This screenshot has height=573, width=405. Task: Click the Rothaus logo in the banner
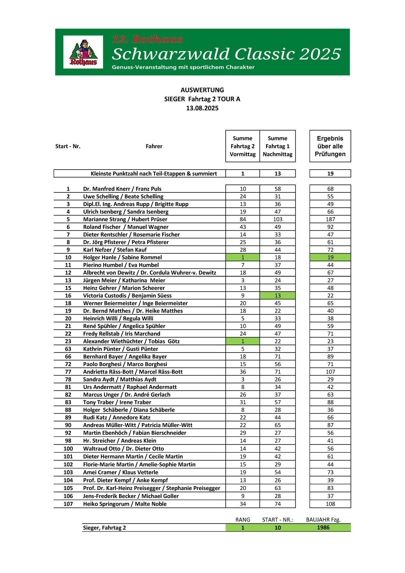[x=83, y=52]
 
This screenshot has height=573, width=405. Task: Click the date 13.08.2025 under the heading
[x=202, y=108]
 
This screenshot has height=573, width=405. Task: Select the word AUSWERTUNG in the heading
[x=202, y=90]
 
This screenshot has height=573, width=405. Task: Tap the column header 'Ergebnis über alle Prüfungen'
[x=330, y=146]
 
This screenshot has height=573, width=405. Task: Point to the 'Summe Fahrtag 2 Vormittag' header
[x=243, y=146]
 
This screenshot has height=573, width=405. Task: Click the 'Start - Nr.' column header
[x=68, y=146]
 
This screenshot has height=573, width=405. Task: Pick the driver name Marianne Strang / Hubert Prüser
[x=125, y=219]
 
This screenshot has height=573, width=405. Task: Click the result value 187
[x=330, y=219]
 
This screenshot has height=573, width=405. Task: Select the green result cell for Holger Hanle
[x=330, y=257]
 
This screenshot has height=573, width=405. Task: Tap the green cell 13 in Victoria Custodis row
[x=277, y=295]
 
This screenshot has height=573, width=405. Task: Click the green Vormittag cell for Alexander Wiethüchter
[x=243, y=341]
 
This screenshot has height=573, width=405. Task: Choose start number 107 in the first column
[x=68, y=504]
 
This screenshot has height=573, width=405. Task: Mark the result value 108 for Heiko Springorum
[x=330, y=504]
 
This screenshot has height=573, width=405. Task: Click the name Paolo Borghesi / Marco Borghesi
[x=125, y=364]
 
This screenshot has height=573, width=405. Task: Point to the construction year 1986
[x=323, y=527]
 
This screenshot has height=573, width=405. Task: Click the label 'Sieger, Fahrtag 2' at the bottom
[x=104, y=528]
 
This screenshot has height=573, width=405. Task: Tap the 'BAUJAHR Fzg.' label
[x=323, y=520]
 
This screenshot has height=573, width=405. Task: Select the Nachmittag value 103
[x=277, y=219]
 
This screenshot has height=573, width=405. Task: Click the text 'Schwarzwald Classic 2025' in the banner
[x=226, y=54]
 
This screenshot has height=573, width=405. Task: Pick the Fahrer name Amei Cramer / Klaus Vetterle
[x=120, y=472]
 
